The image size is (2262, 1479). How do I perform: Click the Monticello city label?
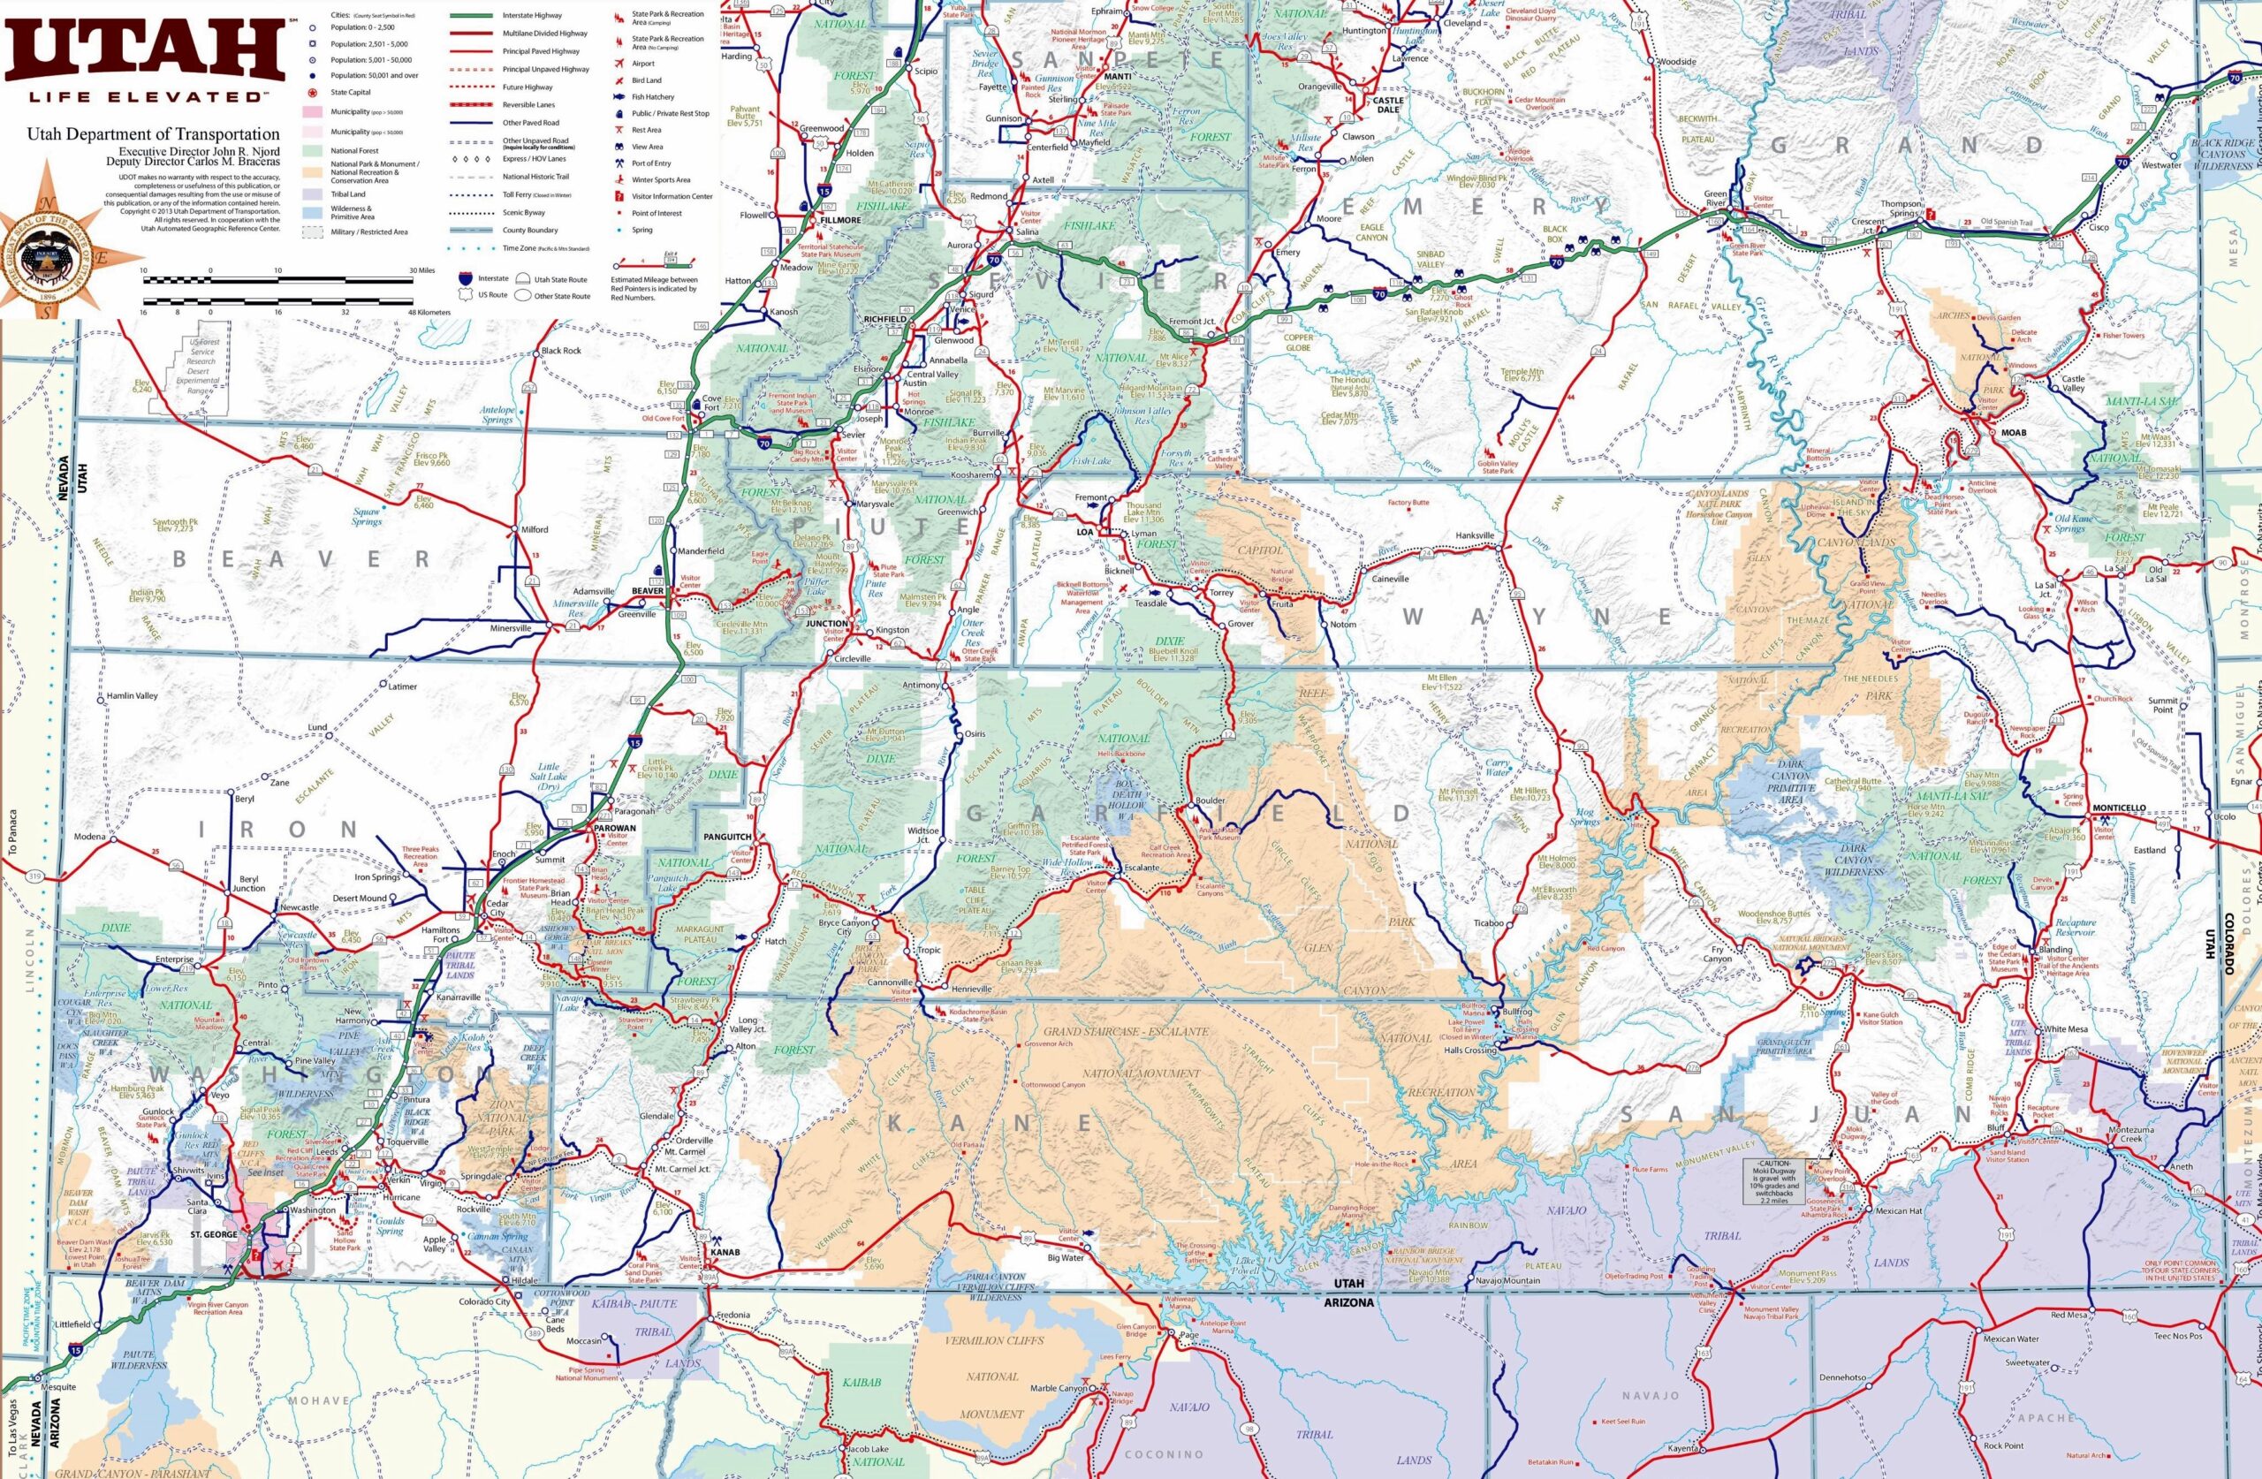2119,807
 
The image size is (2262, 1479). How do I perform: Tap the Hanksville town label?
1476,535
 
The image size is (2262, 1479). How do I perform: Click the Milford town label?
535,528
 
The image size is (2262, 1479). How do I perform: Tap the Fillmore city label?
840,220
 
